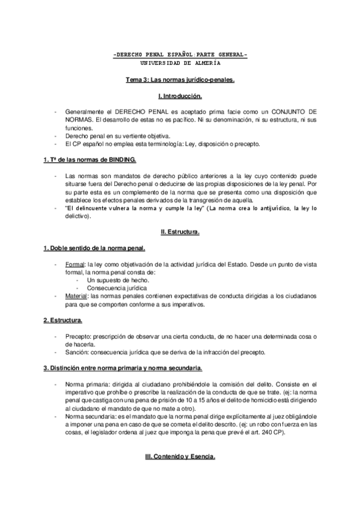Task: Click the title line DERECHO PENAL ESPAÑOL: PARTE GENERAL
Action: pyautogui.click(x=180, y=55)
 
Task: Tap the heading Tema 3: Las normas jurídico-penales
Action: pyautogui.click(x=180, y=79)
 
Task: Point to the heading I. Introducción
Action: pyautogui.click(x=180, y=96)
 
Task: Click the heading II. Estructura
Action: pyautogui.click(x=180, y=230)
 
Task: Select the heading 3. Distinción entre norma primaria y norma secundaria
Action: pyautogui.click(x=123, y=367)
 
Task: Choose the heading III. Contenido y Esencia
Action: pyautogui.click(x=180, y=456)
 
